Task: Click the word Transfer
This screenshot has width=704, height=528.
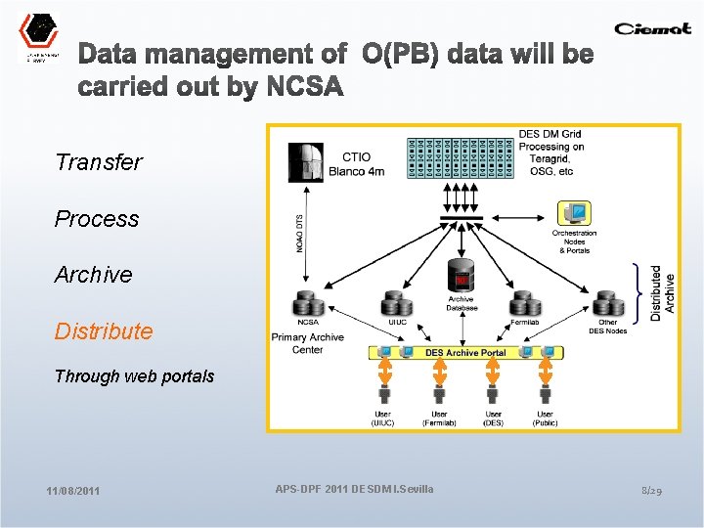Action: (x=99, y=162)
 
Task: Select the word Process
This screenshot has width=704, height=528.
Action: (x=97, y=219)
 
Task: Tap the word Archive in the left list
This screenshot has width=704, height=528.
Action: (x=93, y=275)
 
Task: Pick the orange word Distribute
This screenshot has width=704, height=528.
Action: (x=104, y=331)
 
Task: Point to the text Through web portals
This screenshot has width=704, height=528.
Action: (x=134, y=376)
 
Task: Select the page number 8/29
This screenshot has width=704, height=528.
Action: (x=651, y=489)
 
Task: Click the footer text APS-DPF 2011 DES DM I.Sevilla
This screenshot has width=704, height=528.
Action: (x=354, y=488)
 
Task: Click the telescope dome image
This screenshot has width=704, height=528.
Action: (x=306, y=162)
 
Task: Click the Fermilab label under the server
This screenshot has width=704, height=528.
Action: (x=524, y=323)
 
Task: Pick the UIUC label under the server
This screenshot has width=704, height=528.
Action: (x=397, y=323)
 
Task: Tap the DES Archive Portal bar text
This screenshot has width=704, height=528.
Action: (x=465, y=352)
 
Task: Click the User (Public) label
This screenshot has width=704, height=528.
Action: (x=545, y=418)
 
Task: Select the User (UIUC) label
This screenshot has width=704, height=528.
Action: (x=382, y=418)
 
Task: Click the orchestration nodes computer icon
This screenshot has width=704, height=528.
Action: (x=574, y=213)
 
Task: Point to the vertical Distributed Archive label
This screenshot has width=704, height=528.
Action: (x=662, y=292)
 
